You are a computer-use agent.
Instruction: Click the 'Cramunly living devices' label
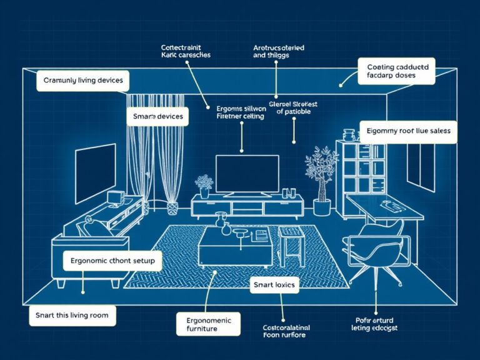tap(83, 81)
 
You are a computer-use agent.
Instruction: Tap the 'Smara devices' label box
tap(158, 117)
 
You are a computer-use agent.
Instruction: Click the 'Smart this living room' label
tap(72, 316)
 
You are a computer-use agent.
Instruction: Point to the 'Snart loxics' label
tap(274, 286)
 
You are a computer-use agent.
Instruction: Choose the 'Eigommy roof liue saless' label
tap(409, 132)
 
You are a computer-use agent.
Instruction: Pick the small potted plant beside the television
tap(204, 186)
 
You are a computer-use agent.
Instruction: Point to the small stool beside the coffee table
tap(290, 243)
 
